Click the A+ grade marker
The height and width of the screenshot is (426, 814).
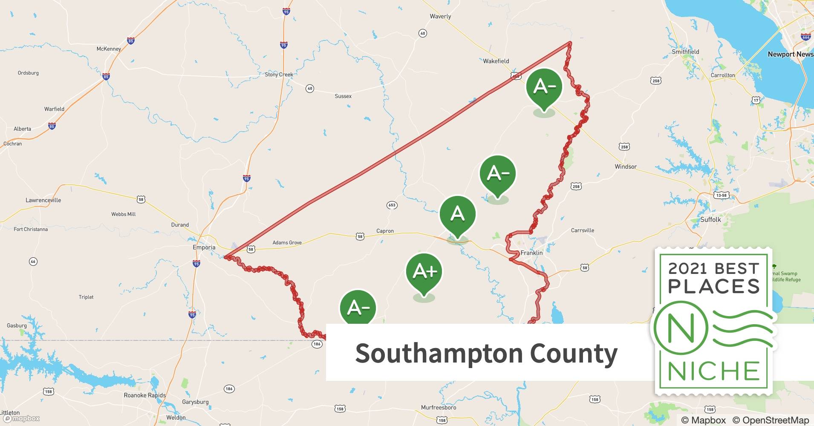coord(424,271)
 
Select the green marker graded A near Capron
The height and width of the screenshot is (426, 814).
coord(457,213)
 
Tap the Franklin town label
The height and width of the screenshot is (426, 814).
coord(531,253)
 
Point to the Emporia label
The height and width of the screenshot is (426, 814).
coord(204,248)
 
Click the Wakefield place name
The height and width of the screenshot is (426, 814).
coord(496,61)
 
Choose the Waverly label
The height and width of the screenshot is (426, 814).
coord(440,16)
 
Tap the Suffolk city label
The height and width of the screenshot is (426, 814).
coord(710,219)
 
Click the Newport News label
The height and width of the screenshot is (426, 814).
coord(790,54)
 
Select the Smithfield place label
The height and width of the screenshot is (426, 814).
coord(685,52)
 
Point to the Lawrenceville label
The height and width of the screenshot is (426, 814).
coord(43,200)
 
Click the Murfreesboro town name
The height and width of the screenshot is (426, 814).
coord(439,407)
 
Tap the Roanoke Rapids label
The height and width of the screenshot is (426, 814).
coord(144,395)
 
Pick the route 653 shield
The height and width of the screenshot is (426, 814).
coord(392,205)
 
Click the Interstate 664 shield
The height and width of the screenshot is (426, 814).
coord(805,37)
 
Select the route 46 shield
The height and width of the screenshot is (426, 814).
coord(33,261)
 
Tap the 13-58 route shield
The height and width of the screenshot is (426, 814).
coord(721,195)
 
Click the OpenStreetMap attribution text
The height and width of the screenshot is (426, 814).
coord(770,420)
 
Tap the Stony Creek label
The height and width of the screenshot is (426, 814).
coord(279,75)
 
